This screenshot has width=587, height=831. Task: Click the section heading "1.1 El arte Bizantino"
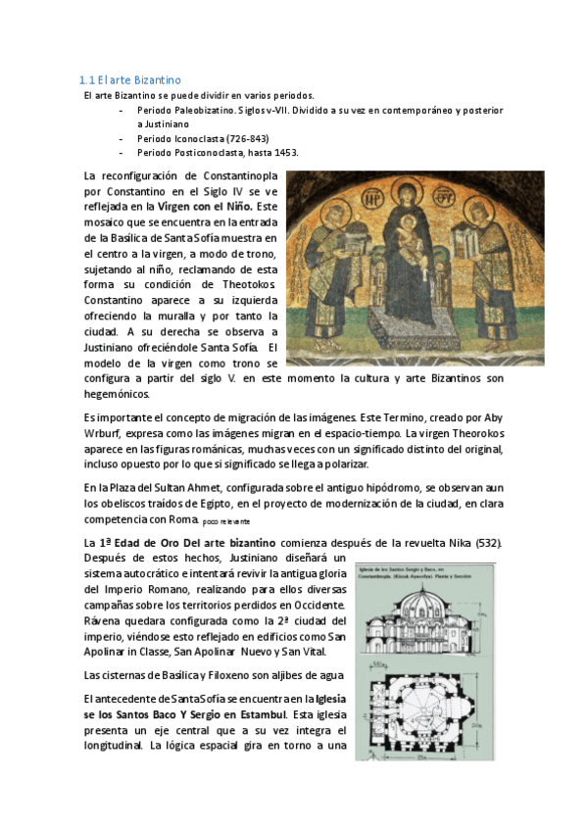(x=129, y=79)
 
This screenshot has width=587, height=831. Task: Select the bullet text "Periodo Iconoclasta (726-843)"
(x=203, y=139)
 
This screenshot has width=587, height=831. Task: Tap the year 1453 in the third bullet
(x=285, y=153)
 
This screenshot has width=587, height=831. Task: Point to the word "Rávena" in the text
(x=106, y=621)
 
